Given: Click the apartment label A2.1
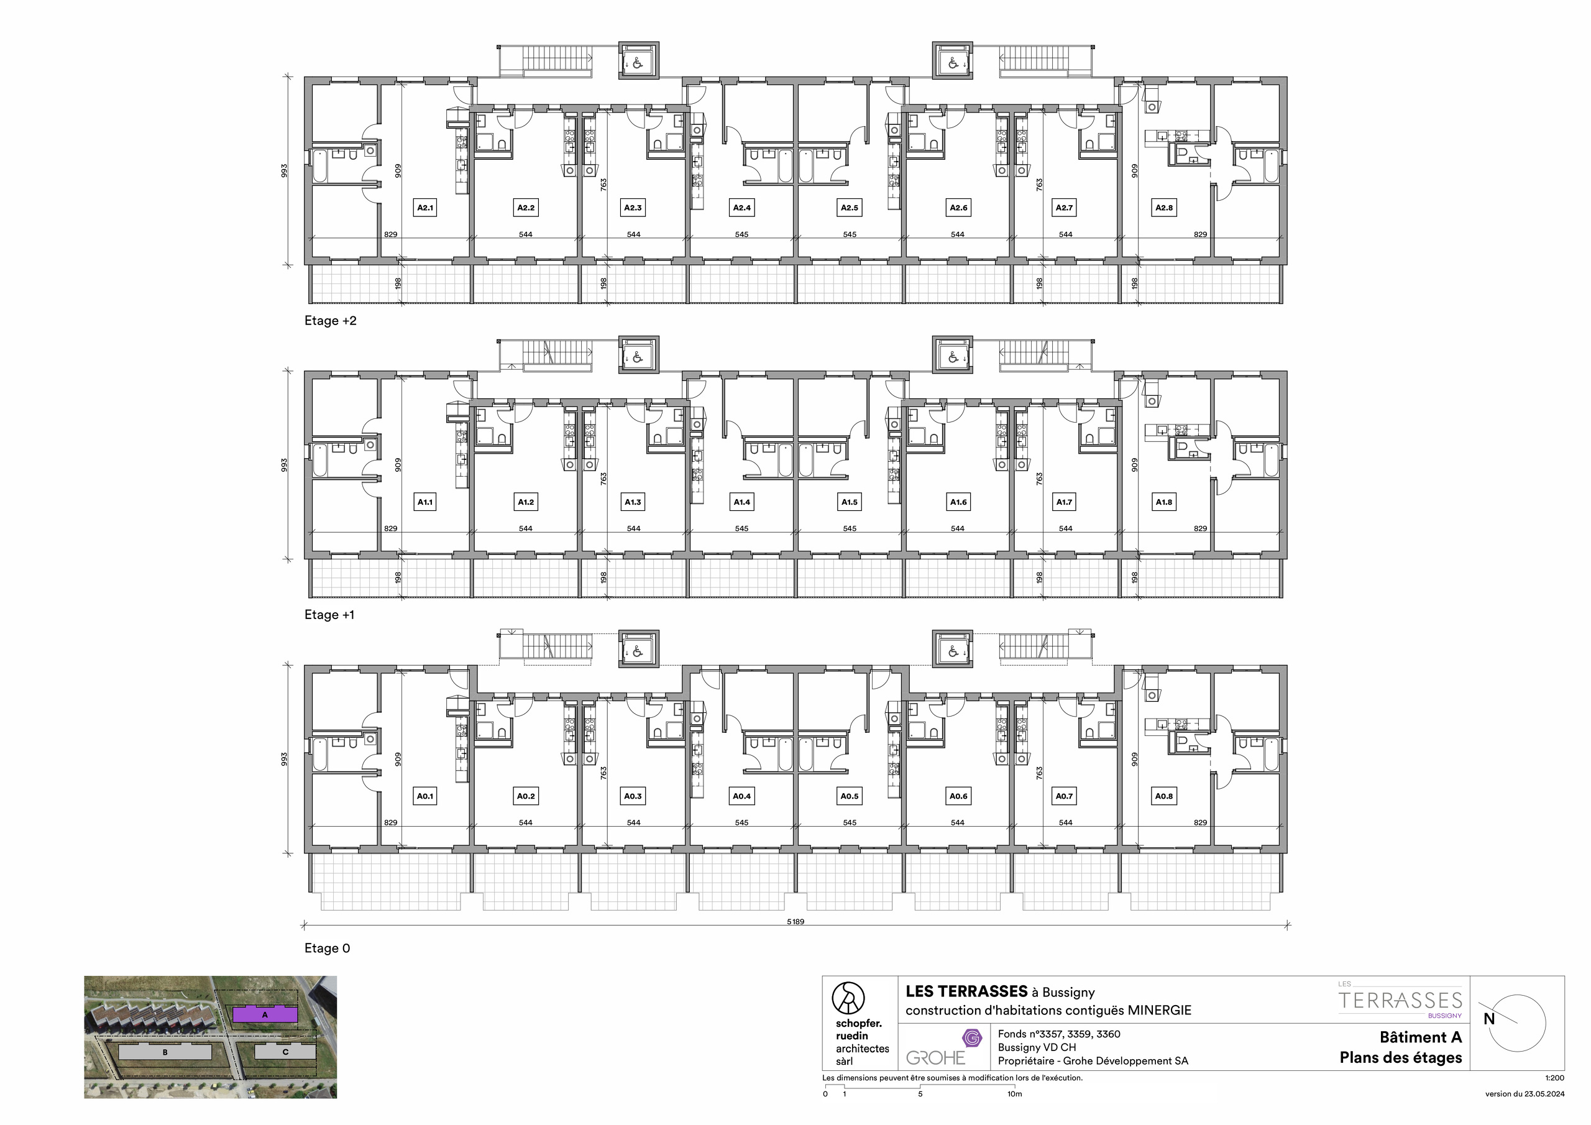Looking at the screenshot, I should (424, 207).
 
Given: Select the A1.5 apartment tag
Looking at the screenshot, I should (850, 502).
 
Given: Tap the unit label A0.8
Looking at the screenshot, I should (1163, 796).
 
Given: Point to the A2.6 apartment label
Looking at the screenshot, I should (958, 207).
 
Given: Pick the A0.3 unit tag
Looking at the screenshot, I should (633, 796).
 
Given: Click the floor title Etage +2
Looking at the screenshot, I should (331, 321).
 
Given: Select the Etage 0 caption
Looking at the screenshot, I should (327, 948).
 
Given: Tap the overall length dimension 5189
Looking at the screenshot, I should (795, 922).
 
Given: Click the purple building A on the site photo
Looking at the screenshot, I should (264, 1015).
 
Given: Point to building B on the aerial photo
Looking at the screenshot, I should (165, 1052).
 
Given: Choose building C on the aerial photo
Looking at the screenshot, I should (285, 1052).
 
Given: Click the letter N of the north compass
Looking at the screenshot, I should (1488, 1019).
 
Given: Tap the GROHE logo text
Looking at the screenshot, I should (935, 1058).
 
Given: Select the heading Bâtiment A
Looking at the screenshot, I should (1421, 1037).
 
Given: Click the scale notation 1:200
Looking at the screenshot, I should (1554, 1078).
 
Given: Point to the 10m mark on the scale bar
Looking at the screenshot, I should (1014, 1094).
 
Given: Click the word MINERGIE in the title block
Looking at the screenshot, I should (1159, 1011).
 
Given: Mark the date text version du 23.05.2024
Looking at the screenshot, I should (1525, 1094).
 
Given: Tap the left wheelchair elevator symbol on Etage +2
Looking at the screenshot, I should (638, 65).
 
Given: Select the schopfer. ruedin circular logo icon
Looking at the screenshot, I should (848, 998).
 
